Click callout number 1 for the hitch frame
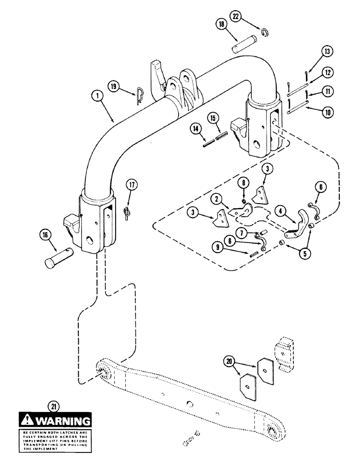pos(97,97)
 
